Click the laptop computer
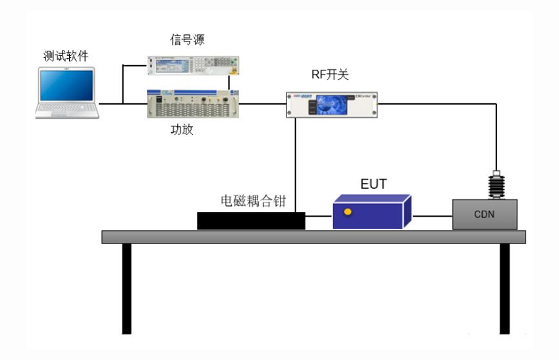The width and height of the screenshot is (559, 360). pyautogui.click(x=67, y=92)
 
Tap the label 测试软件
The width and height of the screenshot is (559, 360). pyautogui.click(x=66, y=57)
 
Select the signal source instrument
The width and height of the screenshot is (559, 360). pyautogui.click(x=192, y=65)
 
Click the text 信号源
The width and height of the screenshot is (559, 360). pyautogui.click(x=188, y=41)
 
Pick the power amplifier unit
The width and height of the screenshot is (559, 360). pyautogui.click(x=192, y=104)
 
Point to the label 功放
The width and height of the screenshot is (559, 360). pyautogui.click(x=182, y=130)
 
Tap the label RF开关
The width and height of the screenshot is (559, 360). pyautogui.click(x=330, y=75)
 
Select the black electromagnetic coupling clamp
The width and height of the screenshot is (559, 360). pyautogui.click(x=251, y=220)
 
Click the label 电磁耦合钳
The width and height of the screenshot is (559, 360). pyautogui.click(x=253, y=201)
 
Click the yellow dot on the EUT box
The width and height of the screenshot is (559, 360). pyautogui.click(x=348, y=212)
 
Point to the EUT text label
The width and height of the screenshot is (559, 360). pyautogui.click(x=373, y=184)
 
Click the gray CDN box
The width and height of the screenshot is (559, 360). pyautogui.click(x=485, y=215)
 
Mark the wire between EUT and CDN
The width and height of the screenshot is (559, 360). pyautogui.click(x=431, y=215)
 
